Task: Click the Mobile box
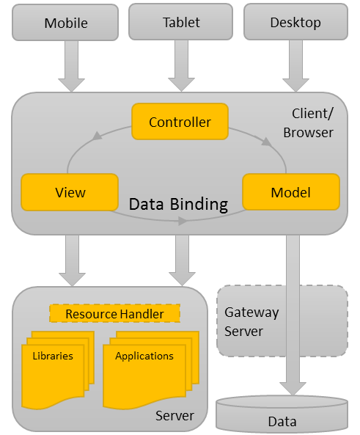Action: point(65,23)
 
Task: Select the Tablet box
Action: point(181,22)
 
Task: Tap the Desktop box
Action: point(295,22)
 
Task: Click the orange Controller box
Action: point(180,122)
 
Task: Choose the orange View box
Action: point(70,192)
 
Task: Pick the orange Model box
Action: point(291,192)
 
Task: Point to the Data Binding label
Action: point(178,204)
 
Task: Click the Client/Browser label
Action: point(312,123)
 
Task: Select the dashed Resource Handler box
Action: point(114,314)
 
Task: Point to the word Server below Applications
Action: point(175,416)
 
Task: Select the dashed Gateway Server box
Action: point(282,321)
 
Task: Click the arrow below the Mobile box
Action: point(72,66)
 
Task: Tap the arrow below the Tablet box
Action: point(181,66)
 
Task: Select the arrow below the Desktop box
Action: point(296,66)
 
